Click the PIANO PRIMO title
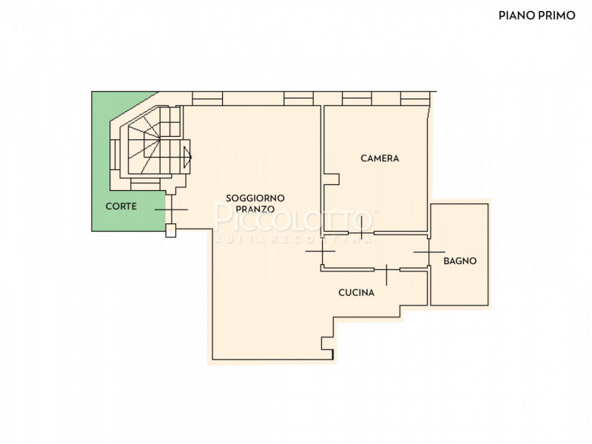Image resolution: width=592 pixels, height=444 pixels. pos(536,16)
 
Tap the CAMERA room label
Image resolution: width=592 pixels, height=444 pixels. pos(380,158)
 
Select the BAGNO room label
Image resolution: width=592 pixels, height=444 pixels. pos(460,261)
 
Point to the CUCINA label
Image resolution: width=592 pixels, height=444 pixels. pos(357,292)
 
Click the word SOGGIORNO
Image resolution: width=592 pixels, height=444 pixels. pos(255,198)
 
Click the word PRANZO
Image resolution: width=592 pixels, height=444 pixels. pos(255,209)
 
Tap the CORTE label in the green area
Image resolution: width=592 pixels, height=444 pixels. pos(121,206)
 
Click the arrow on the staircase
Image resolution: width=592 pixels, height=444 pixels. pos(187,157)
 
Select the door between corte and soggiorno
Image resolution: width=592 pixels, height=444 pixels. pos(172,209)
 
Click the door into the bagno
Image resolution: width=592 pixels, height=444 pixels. pos(429,252)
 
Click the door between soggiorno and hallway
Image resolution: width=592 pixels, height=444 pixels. pos(321,251)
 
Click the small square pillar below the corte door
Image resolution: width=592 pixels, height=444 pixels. pos(171,230)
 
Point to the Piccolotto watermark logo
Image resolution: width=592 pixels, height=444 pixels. pos(294,221)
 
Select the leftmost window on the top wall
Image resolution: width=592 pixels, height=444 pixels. pos(207,98)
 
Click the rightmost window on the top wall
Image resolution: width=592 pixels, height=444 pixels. pos(415,98)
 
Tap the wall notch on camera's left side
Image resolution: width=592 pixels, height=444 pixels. pos(332,179)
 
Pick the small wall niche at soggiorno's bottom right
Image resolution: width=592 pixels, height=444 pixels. pos(328,343)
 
